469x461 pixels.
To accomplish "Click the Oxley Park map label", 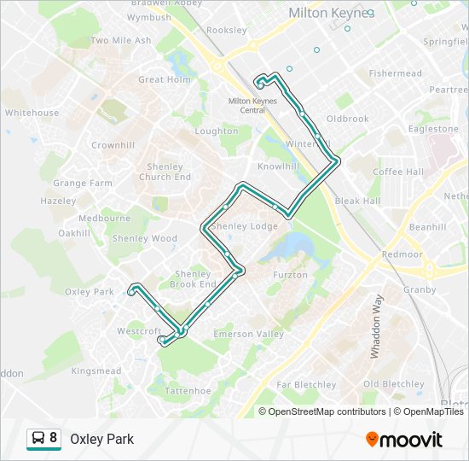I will click(89, 292).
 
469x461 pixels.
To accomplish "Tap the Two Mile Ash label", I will click(121, 40).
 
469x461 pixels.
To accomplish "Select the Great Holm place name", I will click(165, 79).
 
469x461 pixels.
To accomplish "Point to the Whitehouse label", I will click(32, 113).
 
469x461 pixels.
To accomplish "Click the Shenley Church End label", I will click(165, 172).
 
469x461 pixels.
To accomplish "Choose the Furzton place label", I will click(289, 275).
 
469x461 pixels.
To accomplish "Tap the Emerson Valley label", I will click(248, 334).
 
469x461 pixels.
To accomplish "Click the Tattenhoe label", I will click(187, 390).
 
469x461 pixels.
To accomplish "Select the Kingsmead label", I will click(96, 371).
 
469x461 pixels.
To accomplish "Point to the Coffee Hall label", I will click(398, 172).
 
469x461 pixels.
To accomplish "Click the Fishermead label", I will click(396, 73).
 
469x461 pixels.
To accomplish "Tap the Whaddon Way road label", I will click(375, 326).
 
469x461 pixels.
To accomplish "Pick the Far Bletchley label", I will click(306, 385).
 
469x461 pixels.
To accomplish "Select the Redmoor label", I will click(402, 254).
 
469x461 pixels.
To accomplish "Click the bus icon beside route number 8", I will click(38, 439).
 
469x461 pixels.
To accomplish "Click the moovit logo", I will click(404, 440).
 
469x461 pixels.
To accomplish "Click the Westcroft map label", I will click(138, 331).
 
